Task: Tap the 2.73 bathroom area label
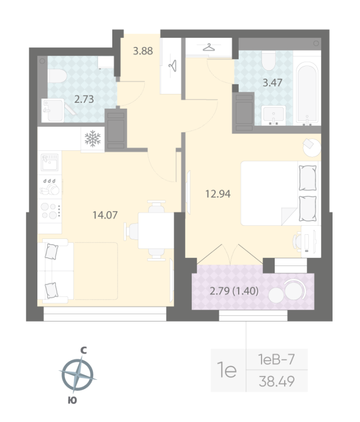pos(84,99)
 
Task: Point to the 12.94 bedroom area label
pos(218,193)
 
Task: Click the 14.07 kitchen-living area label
pos(104,215)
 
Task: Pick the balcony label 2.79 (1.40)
pos(233,290)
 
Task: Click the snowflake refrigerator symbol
pos(93,139)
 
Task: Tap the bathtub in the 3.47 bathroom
pos(307,94)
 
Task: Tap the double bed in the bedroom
pos(279,193)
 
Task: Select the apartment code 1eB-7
pos(276,360)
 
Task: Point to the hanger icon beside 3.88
pos(172,65)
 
